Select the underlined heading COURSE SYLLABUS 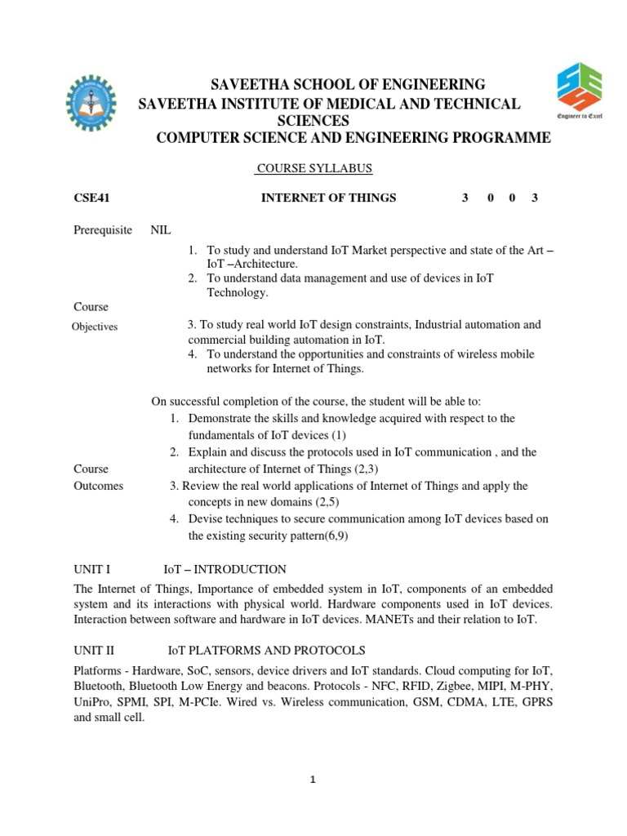click(x=313, y=168)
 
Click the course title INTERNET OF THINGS click(x=327, y=198)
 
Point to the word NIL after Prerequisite click(x=161, y=230)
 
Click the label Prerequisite click(x=103, y=230)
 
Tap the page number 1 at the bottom click(x=313, y=780)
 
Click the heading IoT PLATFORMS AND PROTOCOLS click(x=267, y=651)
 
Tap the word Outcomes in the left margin click(x=98, y=486)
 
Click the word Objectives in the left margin click(x=95, y=327)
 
